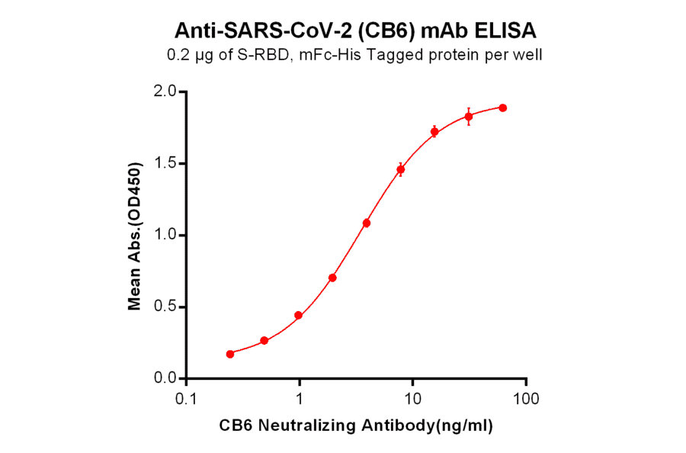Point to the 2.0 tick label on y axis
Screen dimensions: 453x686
[165, 92]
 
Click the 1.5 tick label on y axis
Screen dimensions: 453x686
[165, 163]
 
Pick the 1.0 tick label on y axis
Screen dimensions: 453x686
[165, 235]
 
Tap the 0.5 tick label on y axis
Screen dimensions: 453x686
[165, 307]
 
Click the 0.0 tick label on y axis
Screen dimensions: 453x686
[165, 378]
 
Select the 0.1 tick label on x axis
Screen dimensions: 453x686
[187, 400]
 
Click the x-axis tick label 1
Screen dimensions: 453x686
[300, 400]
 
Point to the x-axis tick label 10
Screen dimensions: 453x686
[412, 400]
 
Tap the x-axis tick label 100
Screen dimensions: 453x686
[525, 400]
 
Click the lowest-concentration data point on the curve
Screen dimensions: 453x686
[230, 354]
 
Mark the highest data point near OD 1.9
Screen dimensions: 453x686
[503, 108]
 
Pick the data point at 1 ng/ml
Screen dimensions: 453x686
[298, 315]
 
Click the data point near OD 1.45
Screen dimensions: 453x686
[401, 169]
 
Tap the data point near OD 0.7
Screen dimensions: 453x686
[332, 278]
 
